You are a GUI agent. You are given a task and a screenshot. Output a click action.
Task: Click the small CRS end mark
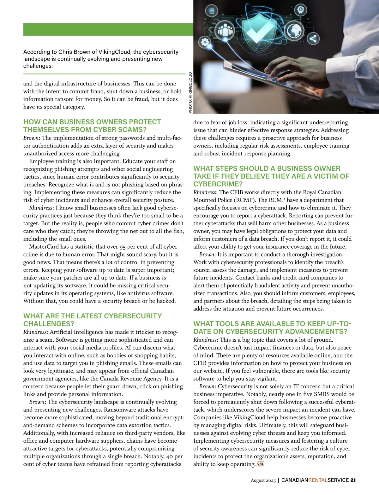pos(261,464)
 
